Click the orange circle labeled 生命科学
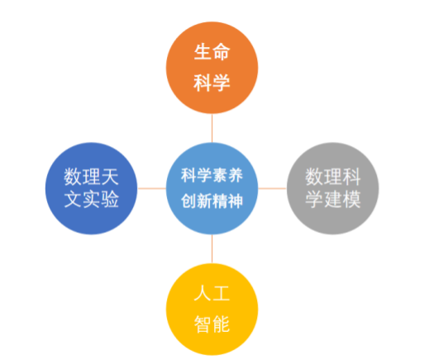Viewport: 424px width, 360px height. (x=212, y=68)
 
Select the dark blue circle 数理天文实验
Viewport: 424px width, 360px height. (x=91, y=188)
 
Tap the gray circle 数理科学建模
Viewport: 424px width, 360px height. (x=333, y=188)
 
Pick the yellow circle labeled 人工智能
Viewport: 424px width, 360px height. (x=212, y=310)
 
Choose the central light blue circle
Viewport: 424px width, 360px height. (x=212, y=188)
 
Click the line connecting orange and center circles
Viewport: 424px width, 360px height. (x=212, y=128)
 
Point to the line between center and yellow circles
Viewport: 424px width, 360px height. (x=212, y=249)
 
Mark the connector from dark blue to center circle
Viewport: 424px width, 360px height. (x=151, y=188)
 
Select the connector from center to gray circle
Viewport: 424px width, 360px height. (x=273, y=188)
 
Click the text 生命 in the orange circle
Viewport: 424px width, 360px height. (x=212, y=52)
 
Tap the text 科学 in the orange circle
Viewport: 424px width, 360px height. (x=212, y=83)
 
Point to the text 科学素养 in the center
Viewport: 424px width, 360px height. (x=212, y=175)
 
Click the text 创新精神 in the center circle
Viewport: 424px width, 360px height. (x=212, y=201)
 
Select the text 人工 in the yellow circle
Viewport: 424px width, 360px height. (x=212, y=293)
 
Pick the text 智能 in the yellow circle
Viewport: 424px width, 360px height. (x=212, y=324)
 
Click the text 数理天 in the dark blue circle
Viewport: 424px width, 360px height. (x=91, y=177)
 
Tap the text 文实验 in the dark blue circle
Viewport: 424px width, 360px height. (x=91, y=199)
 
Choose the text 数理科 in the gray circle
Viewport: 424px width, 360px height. (x=333, y=177)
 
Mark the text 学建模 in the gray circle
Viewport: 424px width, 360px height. (x=333, y=199)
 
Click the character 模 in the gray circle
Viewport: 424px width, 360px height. (x=351, y=199)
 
